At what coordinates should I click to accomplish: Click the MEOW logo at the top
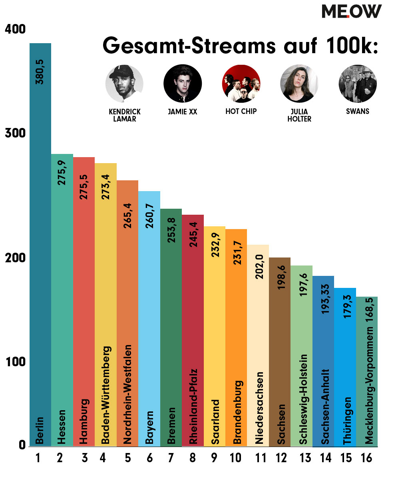[x=352, y=11]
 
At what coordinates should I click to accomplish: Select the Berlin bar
[x=40, y=240]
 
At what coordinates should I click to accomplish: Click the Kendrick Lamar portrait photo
[x=124, y=84]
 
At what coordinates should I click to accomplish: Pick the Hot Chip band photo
[x=241, y=84]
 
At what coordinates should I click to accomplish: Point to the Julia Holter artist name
[x=299, y=115]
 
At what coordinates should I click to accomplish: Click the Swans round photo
[x=358, y=84]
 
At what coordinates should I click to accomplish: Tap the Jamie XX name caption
[x=183, y=112]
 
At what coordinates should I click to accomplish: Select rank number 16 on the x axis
[x=366, y=458]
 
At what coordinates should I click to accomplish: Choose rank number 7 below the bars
[x=171, y=458]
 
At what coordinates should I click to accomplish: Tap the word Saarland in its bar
[x=215, y=421]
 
